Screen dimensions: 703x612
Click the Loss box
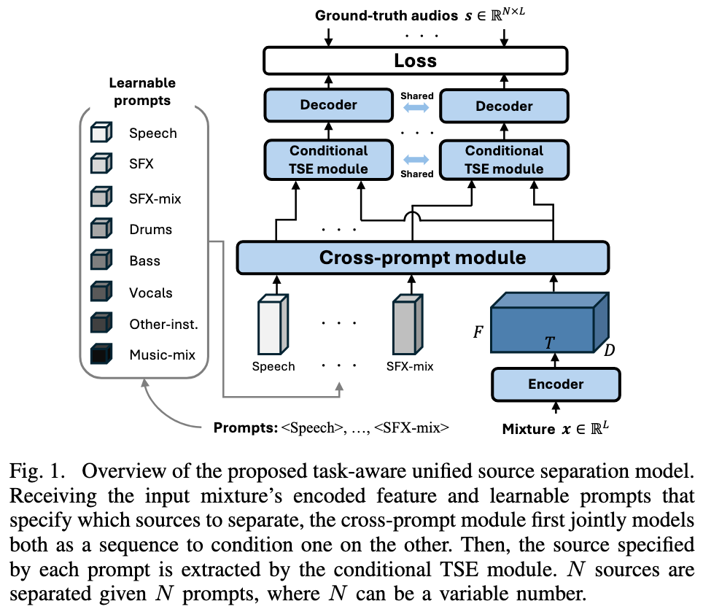pyautogui.click(x=415, y=61)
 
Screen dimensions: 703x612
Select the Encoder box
pyautogui.click(x=556, y=384)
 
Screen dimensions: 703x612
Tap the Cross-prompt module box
pyautogui.click(x=422, y=257)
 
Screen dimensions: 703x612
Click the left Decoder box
pyautogui.click(x=329, y=105)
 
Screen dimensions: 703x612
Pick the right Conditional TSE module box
pyautogui.click(x=504, y=160)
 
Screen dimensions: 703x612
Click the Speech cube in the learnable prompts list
pyautogui.click(x=101, y=132)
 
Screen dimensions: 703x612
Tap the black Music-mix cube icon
pyautogui.click(x=101, y=354)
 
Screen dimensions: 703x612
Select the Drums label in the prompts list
pyautogui.click(x=151, y=230)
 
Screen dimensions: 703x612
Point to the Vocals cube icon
pyautogui.click(x=101, y=292)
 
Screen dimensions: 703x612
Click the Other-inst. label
pyautogui.click(x=163, y=324)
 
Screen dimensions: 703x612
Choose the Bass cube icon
pyautogui.click(x=101, y=260)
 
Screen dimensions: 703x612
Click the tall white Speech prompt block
pyautogui.click(x=273, y=324)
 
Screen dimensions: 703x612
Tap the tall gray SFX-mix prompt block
pyautogui.click(x=408, y=324)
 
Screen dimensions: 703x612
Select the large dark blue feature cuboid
pyautogui.click(x=550, y=322)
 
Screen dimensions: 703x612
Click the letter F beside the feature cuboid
pyautogui.click(x=478, y=332)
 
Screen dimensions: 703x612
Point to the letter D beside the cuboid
pyautogui.click(x=610, y=350)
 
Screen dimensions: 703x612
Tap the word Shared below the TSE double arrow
pyautogui.click(x=417, y=174)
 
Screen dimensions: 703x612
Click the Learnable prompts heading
pyautogui.click(x=142, y=91)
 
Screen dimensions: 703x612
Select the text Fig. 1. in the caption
pyautogui.click(x=38, y=471)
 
